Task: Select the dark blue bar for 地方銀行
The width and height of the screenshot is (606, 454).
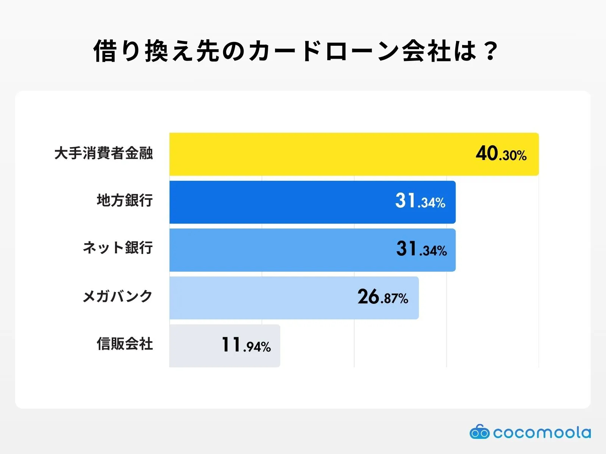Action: point(280,202)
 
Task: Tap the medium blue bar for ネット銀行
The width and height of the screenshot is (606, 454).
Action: point(280,250)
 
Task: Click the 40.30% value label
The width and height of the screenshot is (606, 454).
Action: point(501,154)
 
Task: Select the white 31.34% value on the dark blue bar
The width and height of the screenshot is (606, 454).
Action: point(420,201)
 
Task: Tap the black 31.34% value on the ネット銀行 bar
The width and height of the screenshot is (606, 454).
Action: point(421,249)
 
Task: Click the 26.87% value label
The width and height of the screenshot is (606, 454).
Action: point(383,297)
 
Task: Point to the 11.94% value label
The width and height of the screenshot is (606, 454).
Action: point(246,345)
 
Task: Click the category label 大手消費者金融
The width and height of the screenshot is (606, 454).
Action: point(103,153)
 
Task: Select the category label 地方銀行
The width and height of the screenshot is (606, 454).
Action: point(125,200)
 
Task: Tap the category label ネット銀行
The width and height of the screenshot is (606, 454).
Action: point(118,248)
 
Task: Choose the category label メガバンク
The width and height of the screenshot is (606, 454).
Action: point(117,296)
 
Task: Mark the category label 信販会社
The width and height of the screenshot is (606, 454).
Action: point(125,344)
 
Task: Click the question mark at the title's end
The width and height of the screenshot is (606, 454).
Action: point(491,51)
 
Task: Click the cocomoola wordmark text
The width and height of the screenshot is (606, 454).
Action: point(542,433)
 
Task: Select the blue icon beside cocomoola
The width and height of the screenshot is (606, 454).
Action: point(479,432)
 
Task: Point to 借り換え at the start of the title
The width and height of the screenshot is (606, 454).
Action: point(144,51)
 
